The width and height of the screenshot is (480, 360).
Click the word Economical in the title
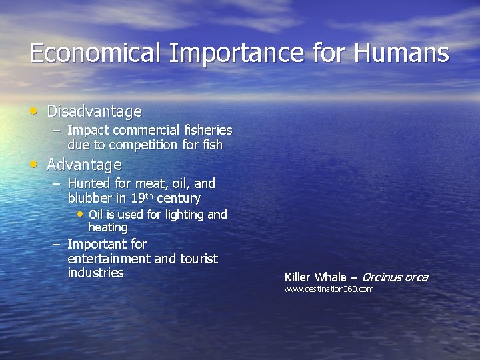tap(95, 53)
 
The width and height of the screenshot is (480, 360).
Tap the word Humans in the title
tap(403, 53)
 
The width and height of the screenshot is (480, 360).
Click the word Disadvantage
tap(94, 111)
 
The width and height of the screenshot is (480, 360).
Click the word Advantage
tap(84, 165)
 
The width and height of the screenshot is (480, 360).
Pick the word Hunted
tap(89, 183)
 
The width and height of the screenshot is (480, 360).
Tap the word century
tap(179, 199)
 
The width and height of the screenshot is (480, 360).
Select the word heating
tap(108, 228)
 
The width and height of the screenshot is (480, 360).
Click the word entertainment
tap(109, 259)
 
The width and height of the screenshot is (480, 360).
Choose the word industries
tap(95, 273)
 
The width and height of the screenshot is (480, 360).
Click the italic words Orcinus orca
tap(395, 277)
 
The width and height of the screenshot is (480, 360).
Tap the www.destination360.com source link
tap(329, 289)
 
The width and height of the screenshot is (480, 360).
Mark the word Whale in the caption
tap(330, 277)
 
